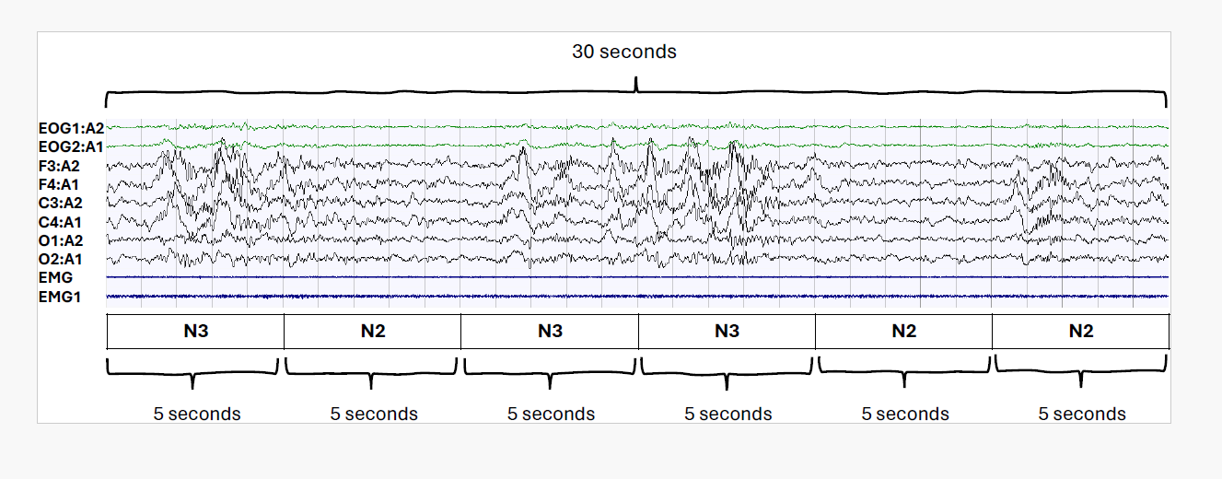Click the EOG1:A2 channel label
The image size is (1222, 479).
pos(71,128)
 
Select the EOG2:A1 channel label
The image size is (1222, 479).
pos(71,146)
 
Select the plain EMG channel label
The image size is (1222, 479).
pos(56,277)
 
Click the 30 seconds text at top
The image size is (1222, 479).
pos(624,53)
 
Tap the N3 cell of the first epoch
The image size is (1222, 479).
pos(195,332)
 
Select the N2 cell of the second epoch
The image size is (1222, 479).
pos(372,332)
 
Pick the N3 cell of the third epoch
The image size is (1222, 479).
pos(550,332)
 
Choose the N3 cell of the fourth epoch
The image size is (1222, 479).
pos(727,332)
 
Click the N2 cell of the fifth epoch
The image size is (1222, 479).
pos(903,332)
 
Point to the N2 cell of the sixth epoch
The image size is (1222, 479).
pos(1080,332)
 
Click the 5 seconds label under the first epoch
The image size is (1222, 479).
pos(197,414)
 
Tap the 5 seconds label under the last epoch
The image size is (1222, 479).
pos(1082,414)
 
